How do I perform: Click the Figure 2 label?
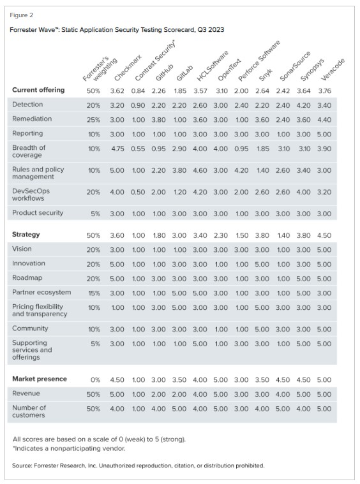pos(22,15)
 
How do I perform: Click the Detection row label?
pos(27,105)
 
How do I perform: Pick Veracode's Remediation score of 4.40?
pos(324,119)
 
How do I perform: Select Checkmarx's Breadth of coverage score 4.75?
pos(117,148)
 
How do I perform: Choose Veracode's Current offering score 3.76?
pos(324,90)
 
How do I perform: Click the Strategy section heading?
pos(26,235)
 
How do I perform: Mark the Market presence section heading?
pos(39,379)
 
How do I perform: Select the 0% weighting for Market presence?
pos(93,379)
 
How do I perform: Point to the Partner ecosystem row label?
pos(41,292)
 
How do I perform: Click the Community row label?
pos(29,328)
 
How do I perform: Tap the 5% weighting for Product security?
pos(93,214)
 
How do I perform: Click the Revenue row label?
pos(26,393)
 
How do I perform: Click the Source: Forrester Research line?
pos(137,466)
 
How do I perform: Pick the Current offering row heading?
pos(38,90)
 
